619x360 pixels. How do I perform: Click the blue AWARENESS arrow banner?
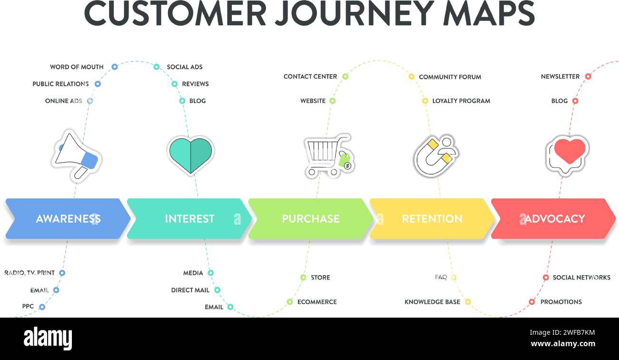coord(68,219)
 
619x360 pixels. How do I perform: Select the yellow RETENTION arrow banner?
coord(432,219)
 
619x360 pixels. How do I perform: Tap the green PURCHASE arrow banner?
coord(310,219)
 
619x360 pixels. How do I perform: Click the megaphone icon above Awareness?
coord(76,155)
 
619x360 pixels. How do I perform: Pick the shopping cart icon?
coord(328,155)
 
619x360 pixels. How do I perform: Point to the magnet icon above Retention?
coord(435,155)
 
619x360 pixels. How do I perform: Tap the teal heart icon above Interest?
coord(190,155)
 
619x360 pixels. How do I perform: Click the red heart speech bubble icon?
coord(567,154)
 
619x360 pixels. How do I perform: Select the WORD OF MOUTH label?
coord(77,67)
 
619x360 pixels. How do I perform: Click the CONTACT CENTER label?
coord(310,76)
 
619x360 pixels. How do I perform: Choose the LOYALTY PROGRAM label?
coord(461,101)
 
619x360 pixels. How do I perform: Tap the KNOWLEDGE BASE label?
coord(432,302)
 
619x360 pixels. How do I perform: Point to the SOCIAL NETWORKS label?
coord(581,278)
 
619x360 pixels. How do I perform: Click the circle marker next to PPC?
coord(42,307)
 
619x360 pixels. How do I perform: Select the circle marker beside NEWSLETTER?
coord(588,76)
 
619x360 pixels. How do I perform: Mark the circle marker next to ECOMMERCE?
coord(290,302)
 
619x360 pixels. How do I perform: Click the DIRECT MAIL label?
coord(190,290)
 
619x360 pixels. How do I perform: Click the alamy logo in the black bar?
coord(48,338)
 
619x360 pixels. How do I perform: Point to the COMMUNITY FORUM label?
coord(450,77)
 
